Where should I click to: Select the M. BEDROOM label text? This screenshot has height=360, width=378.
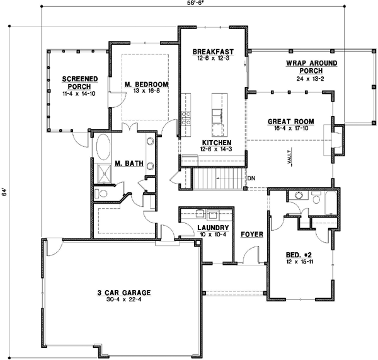pyautogui.click(x=145, y=84)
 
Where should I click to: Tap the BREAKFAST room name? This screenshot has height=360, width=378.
pyautogui.click(x=214, y=51)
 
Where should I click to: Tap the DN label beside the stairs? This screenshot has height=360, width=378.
pyautogui.click(x=251, y=178)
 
